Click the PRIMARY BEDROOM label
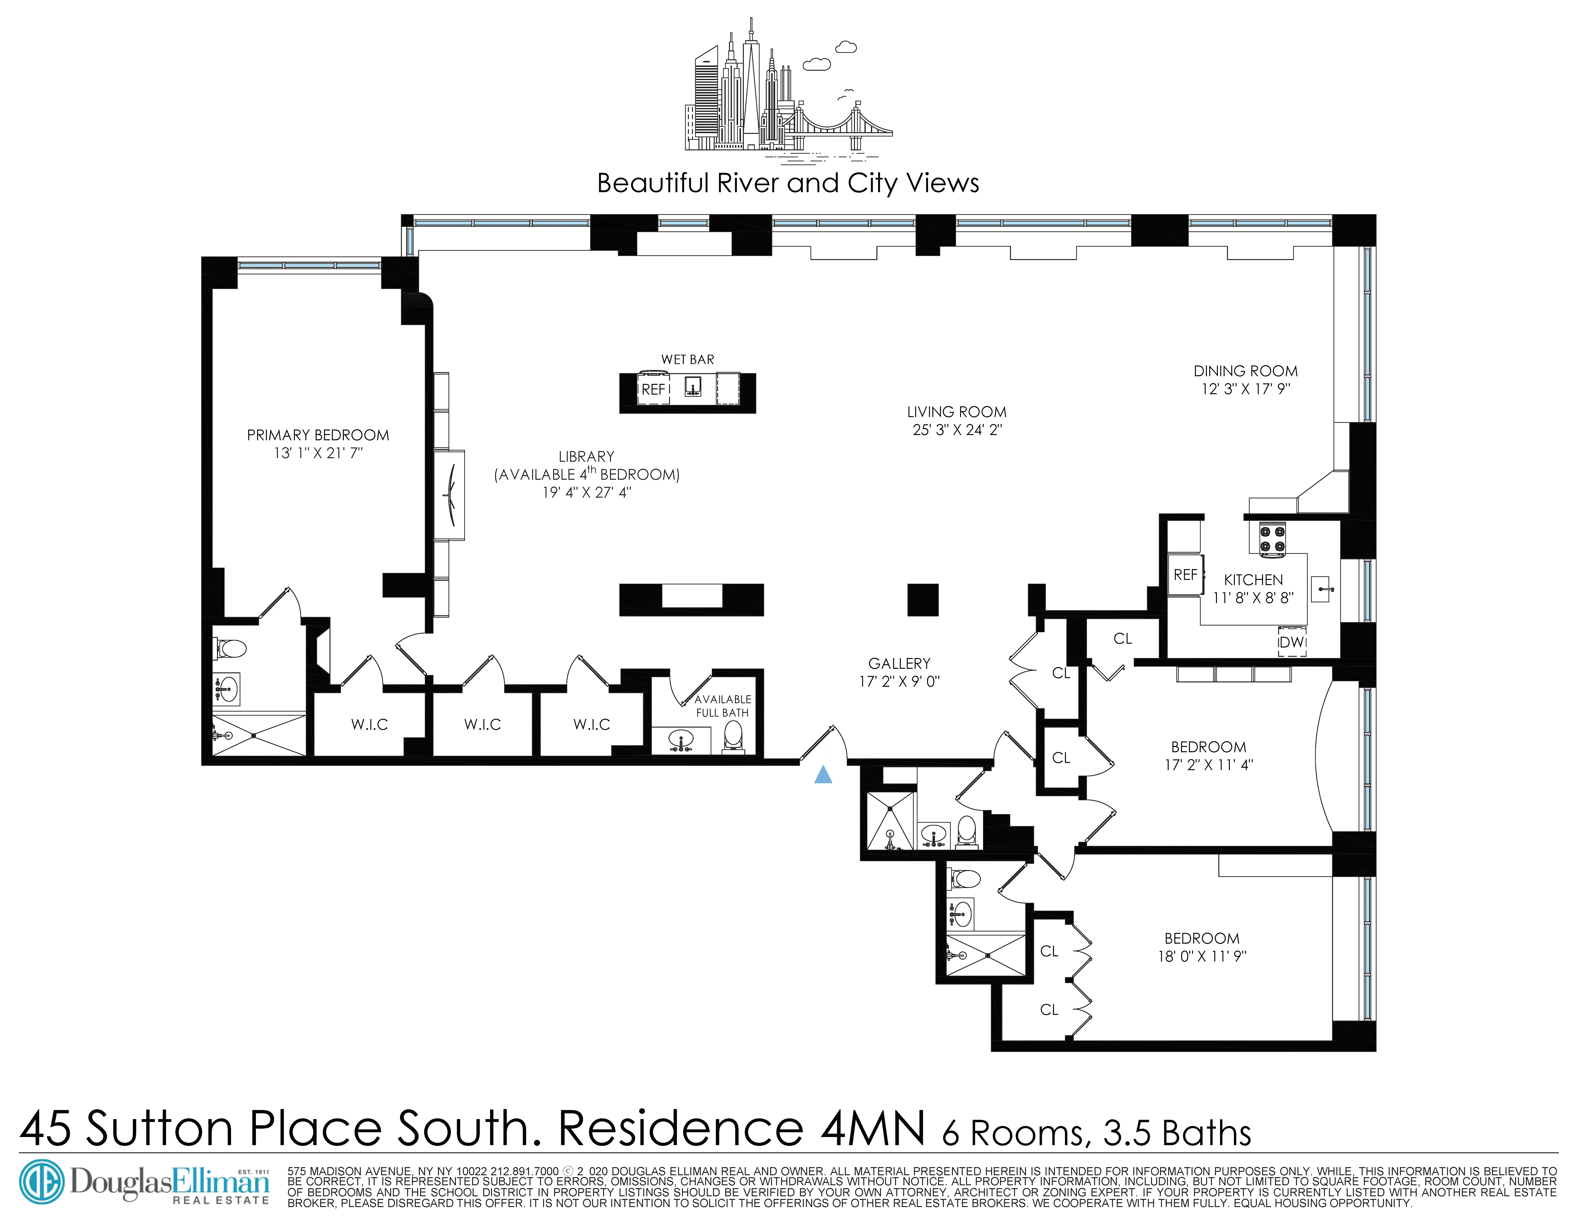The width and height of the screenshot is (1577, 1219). pos(318,435)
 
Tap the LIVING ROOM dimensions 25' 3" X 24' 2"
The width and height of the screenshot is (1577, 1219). pos(957,430)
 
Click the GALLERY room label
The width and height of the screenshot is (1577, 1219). pos(899,663)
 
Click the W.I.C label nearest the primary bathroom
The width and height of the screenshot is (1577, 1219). pos(370,724)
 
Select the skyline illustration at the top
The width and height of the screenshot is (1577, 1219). pos(788,94)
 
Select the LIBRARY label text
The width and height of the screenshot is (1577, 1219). pos(586,456)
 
